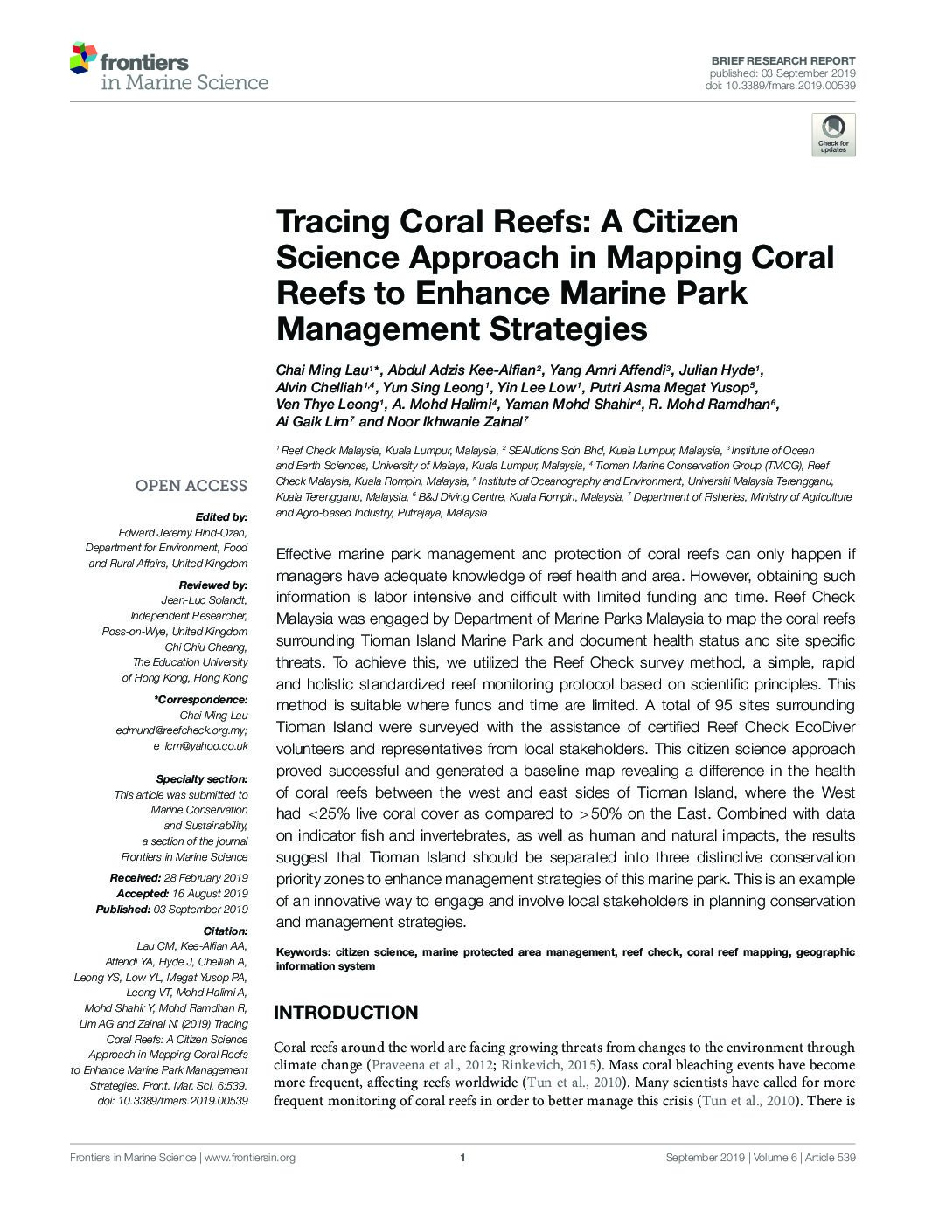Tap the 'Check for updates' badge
click(x=832, y=135)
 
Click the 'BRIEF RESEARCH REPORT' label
click(x=782, y=61)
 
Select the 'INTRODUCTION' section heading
click(x=345, y=1013)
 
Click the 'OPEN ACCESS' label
click(x=191, y=486)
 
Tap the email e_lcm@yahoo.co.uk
click(x=200, y=746)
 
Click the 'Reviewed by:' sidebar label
click(x=213, y=585)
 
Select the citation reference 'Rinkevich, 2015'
click(x=550, y=1065)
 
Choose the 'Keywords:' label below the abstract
click(x=302, y=952)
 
